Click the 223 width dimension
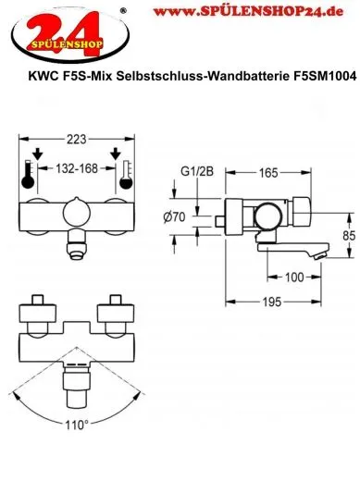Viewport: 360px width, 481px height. [77, 140]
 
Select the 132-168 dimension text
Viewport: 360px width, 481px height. [77, 168]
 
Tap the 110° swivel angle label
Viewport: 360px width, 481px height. [77, 425]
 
